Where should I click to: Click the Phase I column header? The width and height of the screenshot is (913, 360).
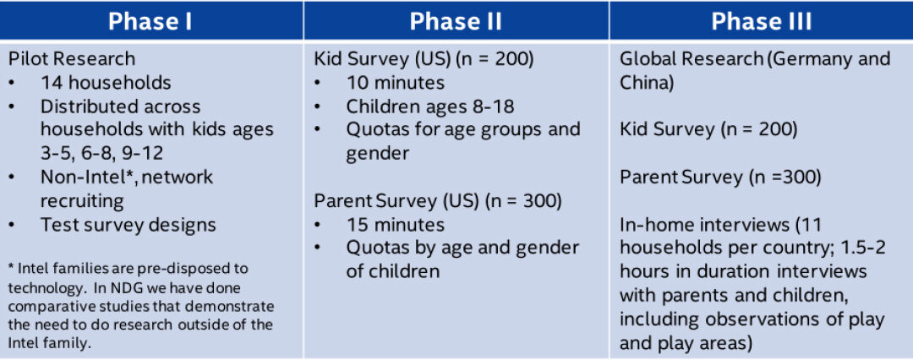coord(150,22)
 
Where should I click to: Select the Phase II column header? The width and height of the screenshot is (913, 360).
coord(456,22)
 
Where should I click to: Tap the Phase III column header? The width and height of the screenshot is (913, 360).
coord(761,22)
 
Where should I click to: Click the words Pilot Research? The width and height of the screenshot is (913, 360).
coord(72,59)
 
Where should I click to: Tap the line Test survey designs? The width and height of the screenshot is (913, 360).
coord(128,224)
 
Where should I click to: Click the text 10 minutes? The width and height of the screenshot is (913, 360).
coord(396,83)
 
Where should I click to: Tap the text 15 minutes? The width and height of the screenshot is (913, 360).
coord(396,224)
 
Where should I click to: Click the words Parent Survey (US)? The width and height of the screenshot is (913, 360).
coord(396,201)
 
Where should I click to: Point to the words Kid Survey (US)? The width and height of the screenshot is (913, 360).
coord(382,59)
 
